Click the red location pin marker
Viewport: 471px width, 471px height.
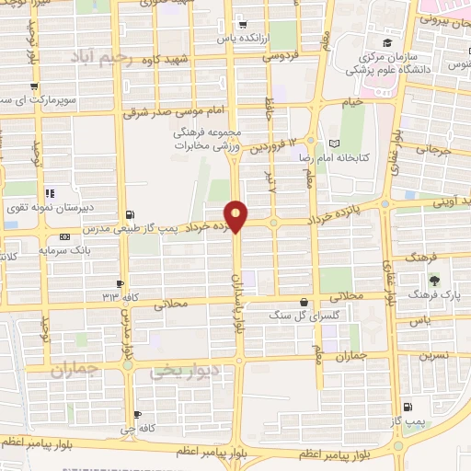click(236, 215)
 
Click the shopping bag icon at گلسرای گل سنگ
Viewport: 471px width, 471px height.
click(304, 302)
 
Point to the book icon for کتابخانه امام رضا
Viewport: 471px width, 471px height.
click(334, 144)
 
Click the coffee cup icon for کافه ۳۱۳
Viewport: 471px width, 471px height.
click(120, 283)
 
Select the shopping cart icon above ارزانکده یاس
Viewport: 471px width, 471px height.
click(241, 26)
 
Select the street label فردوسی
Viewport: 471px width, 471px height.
click(283, 56)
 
